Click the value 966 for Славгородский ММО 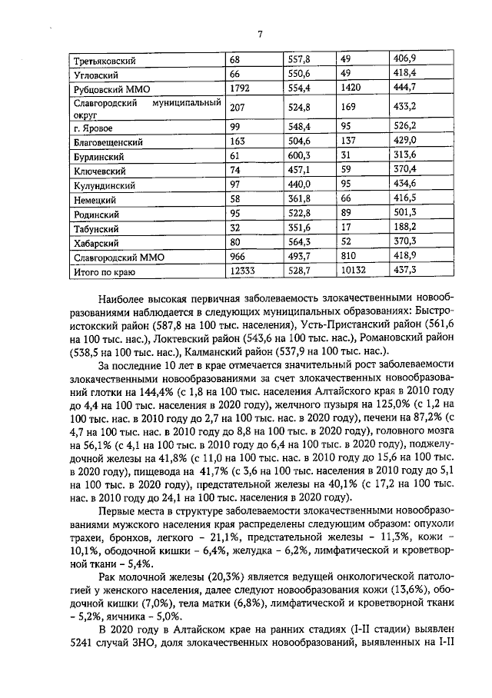(239, 256)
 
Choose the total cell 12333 (244, 271)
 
